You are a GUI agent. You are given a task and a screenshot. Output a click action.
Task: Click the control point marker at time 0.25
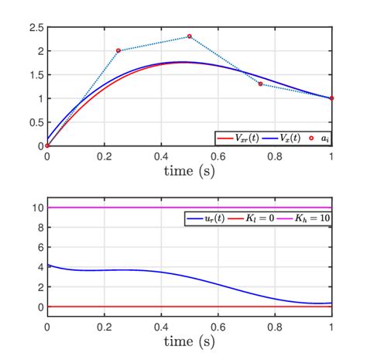pos(118,50)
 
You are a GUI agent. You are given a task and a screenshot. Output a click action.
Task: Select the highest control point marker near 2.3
pos(190,36)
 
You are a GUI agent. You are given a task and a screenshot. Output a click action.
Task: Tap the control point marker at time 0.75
pos(260,84)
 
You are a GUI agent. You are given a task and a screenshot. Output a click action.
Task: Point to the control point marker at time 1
pos(331,98)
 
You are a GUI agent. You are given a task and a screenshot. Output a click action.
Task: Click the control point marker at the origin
pos(47,146)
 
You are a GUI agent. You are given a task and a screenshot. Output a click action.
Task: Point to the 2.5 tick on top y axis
pos(35,28)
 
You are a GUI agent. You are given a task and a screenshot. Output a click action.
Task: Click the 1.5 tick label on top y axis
pos(35,75)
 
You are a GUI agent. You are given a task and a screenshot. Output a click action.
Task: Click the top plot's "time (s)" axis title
pos(189,170)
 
